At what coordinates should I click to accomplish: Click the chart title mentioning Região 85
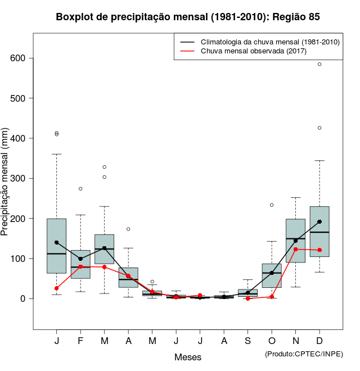(188, 17)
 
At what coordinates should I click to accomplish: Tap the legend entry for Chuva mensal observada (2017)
(254, 51)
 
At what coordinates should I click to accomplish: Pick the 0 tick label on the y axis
(23, 299)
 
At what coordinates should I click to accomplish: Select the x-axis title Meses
(188, 357)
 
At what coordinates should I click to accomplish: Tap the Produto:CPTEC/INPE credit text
(304, 354)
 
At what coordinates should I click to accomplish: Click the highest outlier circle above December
(319, 64)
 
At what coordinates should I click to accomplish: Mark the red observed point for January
(56, 288)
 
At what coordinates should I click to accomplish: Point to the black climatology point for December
(319, 221)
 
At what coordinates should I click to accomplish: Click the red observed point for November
(296, 249)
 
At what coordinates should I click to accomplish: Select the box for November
(295, 241)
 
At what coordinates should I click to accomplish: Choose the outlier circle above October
(272, 205)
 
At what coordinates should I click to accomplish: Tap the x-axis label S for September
(247, 341)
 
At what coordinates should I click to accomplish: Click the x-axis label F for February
(80, 341)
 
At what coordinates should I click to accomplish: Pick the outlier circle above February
(80, 189)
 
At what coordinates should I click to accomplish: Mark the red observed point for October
(272, 297)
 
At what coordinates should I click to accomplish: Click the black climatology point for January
(56, 242)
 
